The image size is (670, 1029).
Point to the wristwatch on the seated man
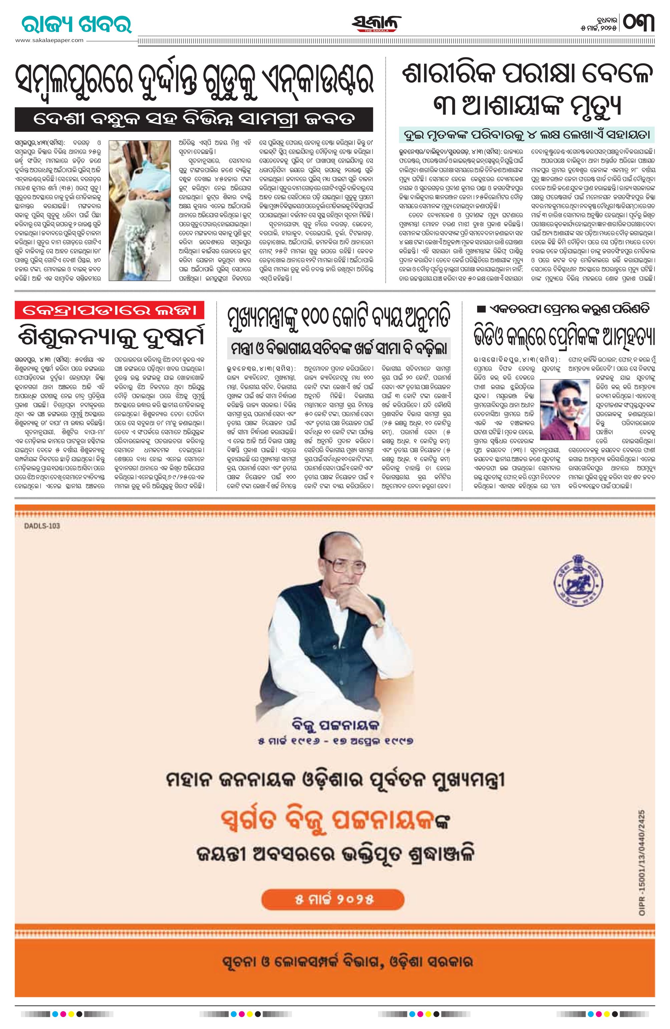[379, 621]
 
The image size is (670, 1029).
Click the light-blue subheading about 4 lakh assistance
[527, 135]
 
